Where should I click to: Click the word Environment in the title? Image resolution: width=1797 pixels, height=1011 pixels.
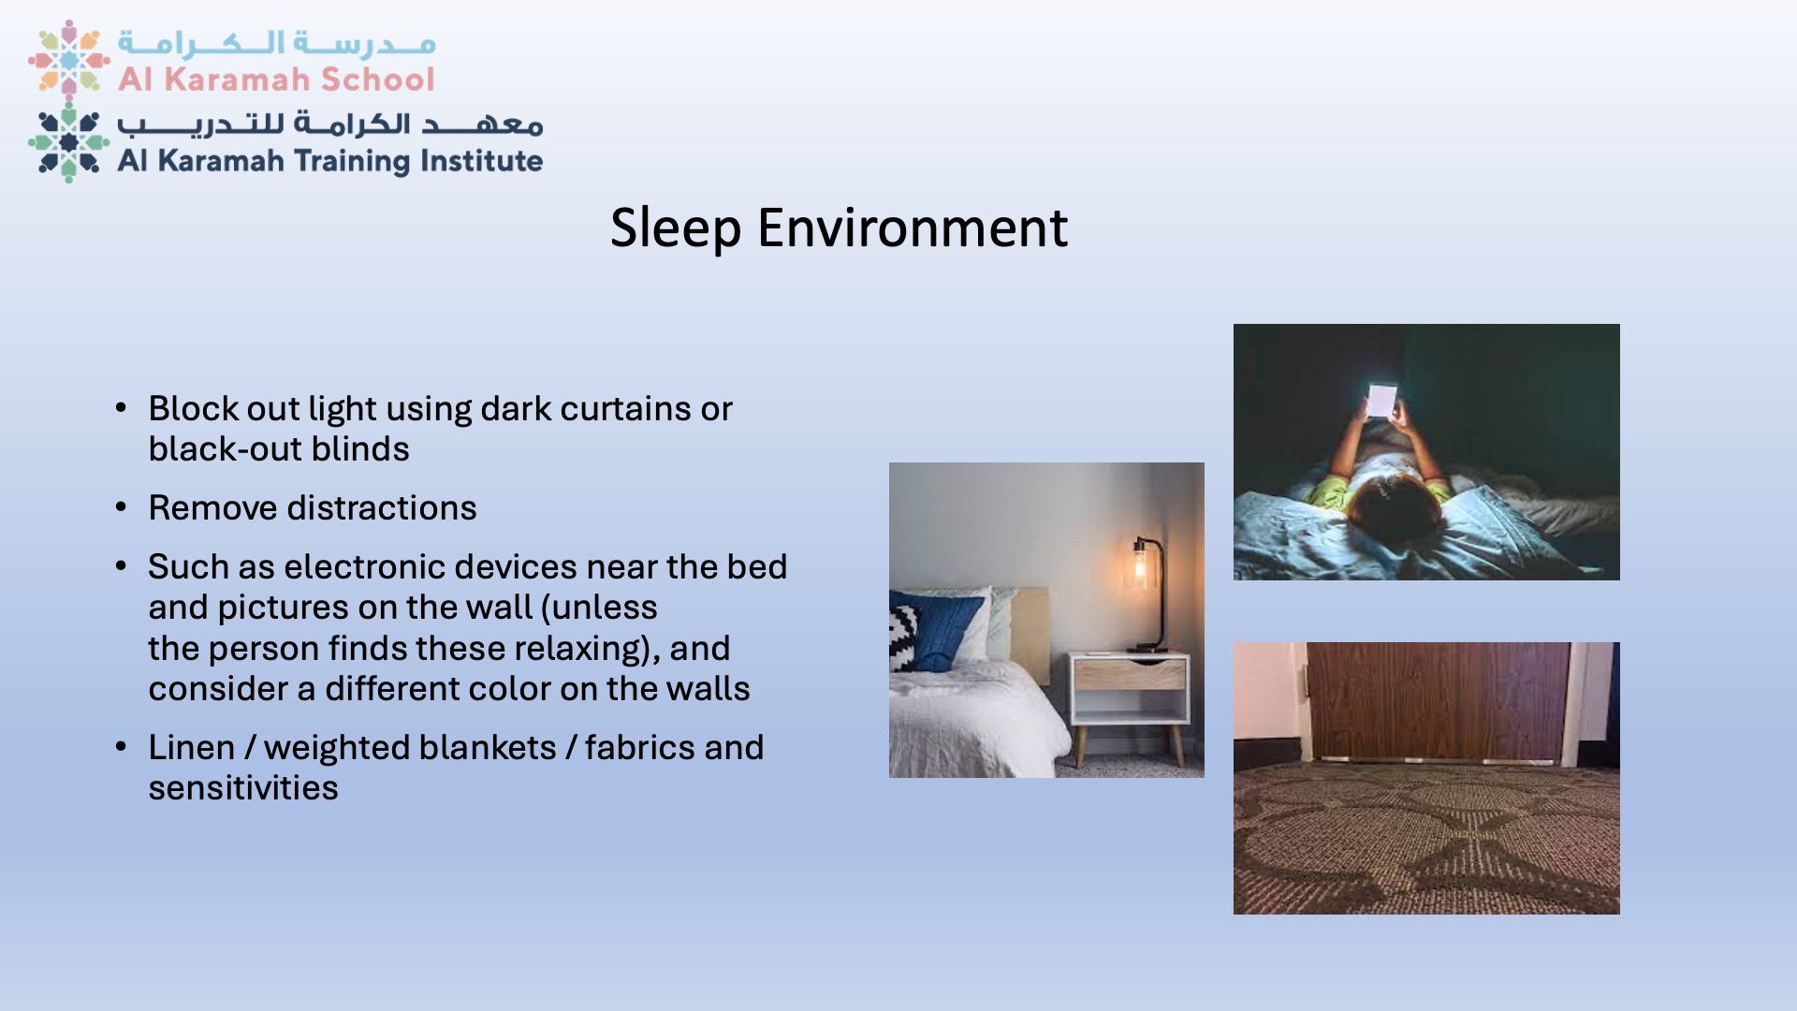coord(913,227)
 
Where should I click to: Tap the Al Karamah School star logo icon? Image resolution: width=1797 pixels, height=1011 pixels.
coord(69,58)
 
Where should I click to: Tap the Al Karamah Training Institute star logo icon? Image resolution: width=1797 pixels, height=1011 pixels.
coord(69,142)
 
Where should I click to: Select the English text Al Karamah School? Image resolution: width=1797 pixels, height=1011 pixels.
coord(276,80)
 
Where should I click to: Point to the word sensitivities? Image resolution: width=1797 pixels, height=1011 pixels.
coord(243,788)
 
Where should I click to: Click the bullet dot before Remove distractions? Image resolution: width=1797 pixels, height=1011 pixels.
coord(121,507)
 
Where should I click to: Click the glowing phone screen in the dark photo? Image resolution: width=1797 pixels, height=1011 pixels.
coord(1381,401)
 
